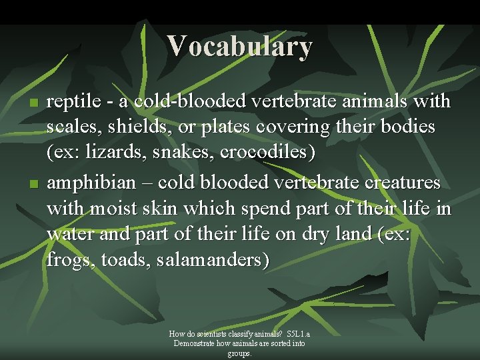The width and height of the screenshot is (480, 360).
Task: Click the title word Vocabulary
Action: click(x=239, y=46)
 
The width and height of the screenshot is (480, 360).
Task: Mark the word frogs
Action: click(x=70, y=261)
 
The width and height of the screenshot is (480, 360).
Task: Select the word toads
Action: click(x=125, y=261)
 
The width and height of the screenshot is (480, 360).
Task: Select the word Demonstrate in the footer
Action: click(x=196, y=343)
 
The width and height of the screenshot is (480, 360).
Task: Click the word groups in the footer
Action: click(x=239, y=353)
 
